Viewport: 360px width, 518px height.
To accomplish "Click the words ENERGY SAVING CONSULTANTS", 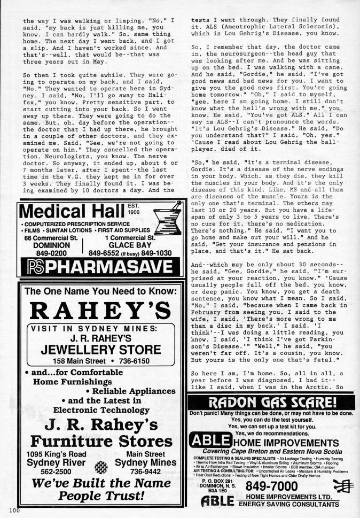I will point(289,504).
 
